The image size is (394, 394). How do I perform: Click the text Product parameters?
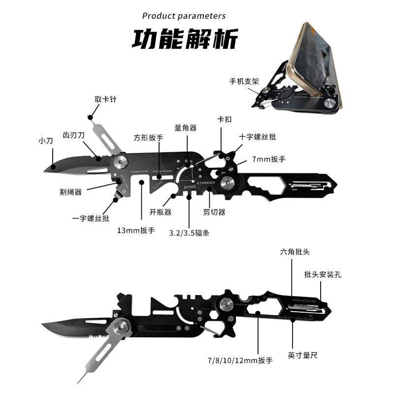184,16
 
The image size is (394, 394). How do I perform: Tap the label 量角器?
185,128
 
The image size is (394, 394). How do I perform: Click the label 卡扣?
223,120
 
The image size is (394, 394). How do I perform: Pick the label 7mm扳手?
269,159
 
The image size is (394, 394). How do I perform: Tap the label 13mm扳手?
135,230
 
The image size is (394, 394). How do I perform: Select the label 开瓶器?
160,213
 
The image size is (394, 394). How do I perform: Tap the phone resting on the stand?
315,64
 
